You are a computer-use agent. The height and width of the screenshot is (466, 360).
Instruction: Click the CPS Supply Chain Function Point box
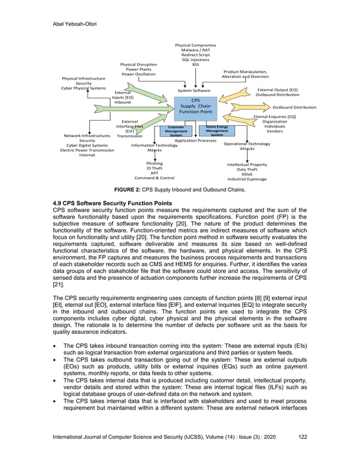point(195,106)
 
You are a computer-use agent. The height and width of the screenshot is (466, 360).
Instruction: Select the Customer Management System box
point(176,131)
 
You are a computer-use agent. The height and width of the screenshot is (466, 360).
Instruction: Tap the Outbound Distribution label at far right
point(295,107)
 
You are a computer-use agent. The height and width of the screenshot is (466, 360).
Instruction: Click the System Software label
point(194,90)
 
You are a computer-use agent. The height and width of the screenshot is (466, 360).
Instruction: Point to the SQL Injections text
point(195,60)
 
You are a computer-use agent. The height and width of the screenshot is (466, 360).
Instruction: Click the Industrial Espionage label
point(247,179)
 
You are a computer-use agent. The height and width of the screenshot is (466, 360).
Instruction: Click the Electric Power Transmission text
point(87,150)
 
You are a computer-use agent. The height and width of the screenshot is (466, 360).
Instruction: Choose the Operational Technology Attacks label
point(247,146)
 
